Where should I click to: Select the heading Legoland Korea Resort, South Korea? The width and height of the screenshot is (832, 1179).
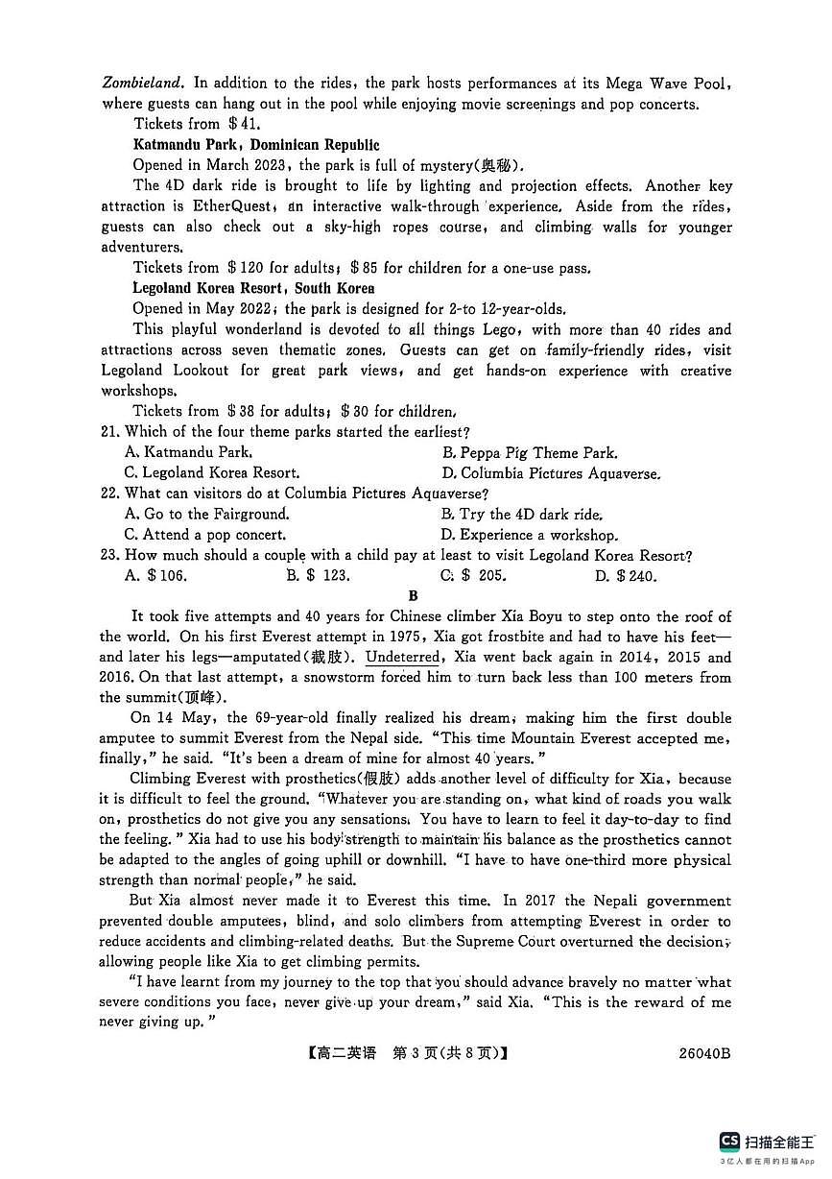tap(253, 288)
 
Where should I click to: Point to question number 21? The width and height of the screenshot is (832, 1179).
tap(110, 432)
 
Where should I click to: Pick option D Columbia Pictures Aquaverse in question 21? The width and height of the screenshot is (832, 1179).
tap(551, 473)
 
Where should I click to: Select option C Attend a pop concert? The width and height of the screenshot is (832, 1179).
tap(205, 535)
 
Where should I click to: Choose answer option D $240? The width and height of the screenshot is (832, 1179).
tap(626, 576)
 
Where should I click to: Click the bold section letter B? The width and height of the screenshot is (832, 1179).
tap(414, 596)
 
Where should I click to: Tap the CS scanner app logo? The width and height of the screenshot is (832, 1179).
tap(729, 1141)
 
